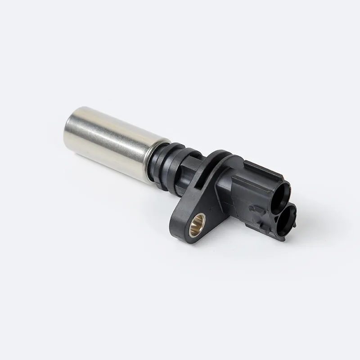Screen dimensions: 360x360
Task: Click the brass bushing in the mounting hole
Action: [198, 221]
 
